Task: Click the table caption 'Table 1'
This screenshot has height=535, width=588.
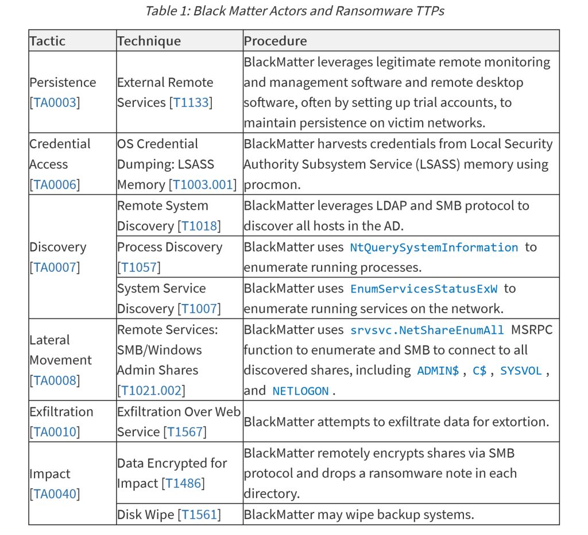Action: pos(294,11)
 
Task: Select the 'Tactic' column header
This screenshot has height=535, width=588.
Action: pos(47,41)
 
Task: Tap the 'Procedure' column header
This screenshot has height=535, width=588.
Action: pos(275,41)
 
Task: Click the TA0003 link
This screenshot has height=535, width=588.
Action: pos(55,103)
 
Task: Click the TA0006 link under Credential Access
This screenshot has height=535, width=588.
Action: pos(55,185)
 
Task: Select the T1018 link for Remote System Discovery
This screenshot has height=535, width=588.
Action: pos(199,226)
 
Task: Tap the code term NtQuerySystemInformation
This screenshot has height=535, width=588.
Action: pos(434,248)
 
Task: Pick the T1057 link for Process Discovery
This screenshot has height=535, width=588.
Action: pos(139,268)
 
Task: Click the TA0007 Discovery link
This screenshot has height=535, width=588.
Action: pos(55,268)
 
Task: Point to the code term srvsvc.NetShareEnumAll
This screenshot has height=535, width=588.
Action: pos(427,330)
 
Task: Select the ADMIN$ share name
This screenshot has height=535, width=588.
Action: pos(438,371)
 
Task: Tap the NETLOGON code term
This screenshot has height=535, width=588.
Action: pos(300,391)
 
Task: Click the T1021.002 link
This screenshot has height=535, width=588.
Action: pos(152,391)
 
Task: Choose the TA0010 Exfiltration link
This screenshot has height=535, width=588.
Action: pos(55,432)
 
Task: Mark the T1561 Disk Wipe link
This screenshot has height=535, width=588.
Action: pos(199,515)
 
